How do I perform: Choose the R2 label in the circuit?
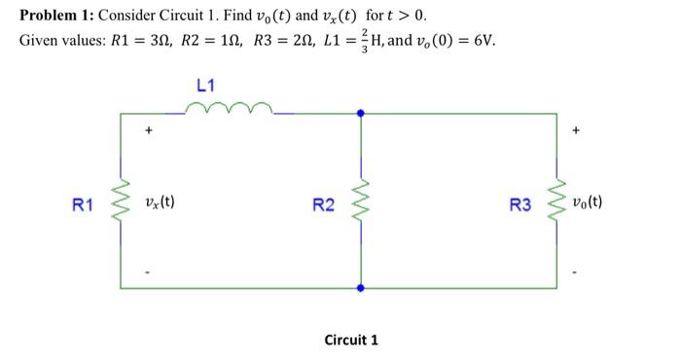pyautogui.click(x=323, y=205)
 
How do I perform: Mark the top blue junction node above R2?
pyautogui.click(x=361, y=114)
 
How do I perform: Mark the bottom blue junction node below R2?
pyautogui.click(x=361, y=288)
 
